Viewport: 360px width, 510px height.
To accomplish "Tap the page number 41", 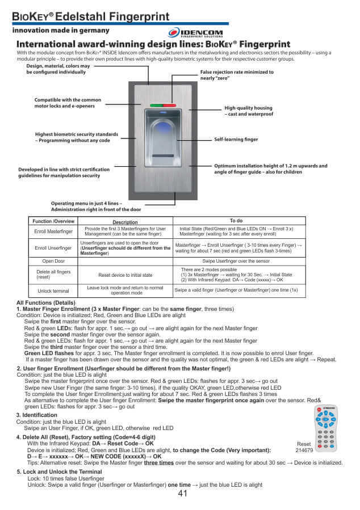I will click(182, 493).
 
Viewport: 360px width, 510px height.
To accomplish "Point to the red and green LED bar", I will click(162, 106).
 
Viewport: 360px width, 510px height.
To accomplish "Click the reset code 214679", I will click(304, 449).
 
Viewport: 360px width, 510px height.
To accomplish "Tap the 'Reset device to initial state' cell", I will click(125, 275).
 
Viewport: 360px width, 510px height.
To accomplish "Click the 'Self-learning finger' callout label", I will click(236, 139).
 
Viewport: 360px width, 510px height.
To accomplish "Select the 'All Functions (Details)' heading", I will click(46, 302).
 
